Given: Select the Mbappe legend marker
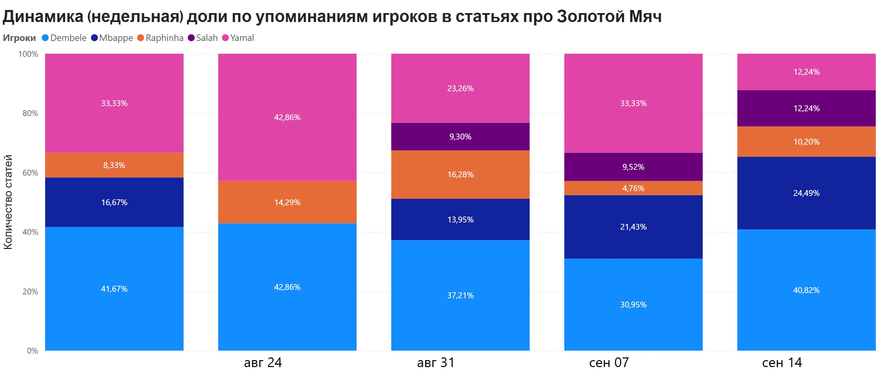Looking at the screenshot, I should (x=95, y=38).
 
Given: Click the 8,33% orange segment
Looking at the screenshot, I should (x=114, y=165).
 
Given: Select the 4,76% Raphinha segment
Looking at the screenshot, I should (x=633, y=188).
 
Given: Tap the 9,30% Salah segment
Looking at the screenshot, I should (x=460, y=137).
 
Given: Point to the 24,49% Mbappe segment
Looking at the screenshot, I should (x=806, y=193).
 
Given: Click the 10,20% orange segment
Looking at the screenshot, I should (x=806, y=142).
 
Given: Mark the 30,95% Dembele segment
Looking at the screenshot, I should (x=633, y=305).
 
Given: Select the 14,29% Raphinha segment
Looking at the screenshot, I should (x=287, y=202).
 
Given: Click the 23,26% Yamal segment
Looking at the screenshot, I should (x=460, y=88).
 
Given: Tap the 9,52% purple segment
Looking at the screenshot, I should (x=633, y=167).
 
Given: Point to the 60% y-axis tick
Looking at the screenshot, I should (x=30, y=173).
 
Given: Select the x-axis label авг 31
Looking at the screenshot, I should (x=436, y=363).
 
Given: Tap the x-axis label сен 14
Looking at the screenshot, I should (x=782, y=363).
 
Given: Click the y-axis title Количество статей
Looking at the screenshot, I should (x=8, y=202).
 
